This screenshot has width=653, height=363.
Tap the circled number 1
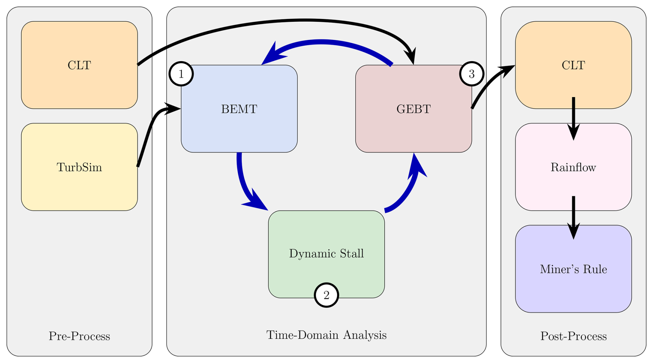coord(181,74)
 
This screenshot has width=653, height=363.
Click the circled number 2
coord(326,295)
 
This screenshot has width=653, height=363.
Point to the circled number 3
coord(471,74)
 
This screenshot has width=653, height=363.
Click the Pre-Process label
coord(79,336)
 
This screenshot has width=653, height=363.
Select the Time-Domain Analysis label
coord(326,335)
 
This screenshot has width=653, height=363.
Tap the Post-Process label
coord(573,336)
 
